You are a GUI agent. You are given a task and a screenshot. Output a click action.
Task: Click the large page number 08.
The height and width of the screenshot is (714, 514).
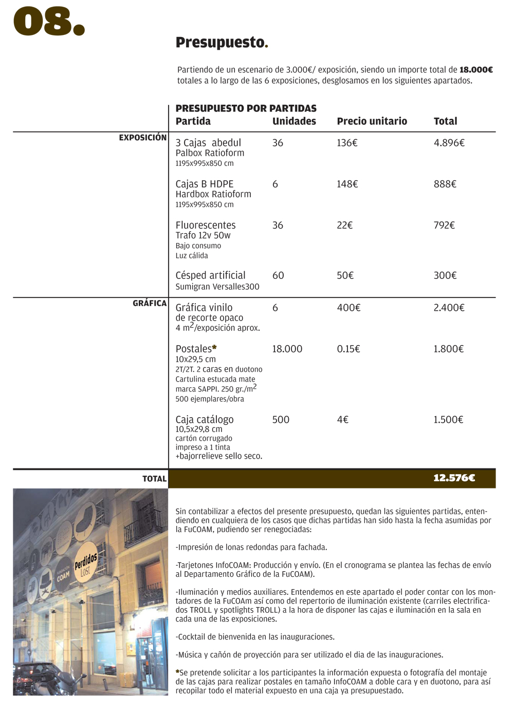49,22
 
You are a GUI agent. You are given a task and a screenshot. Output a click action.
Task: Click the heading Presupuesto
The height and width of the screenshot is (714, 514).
222,43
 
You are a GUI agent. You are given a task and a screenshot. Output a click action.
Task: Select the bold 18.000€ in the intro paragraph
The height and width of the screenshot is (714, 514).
476,70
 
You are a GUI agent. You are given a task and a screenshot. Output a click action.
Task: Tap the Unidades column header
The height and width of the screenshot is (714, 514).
294,121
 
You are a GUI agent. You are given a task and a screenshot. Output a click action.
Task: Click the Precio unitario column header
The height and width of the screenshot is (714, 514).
372,121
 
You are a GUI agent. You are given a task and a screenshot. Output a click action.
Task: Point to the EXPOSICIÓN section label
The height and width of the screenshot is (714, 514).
142,138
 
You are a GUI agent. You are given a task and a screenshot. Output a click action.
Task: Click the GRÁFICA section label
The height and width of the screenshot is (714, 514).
150,303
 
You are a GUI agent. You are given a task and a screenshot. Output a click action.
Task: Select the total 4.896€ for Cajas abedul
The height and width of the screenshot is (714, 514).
449,143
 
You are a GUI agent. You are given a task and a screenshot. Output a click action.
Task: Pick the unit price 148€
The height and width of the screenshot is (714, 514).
347,184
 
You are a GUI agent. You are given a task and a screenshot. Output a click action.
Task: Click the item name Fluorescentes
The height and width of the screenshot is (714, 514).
206,225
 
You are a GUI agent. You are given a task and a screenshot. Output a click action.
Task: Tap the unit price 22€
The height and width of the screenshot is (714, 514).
344,225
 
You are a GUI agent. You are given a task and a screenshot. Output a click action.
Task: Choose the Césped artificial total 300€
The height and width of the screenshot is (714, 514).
445,275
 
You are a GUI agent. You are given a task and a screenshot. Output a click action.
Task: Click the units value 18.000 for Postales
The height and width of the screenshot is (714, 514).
287,349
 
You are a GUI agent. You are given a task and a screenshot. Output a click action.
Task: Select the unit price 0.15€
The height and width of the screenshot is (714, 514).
348,349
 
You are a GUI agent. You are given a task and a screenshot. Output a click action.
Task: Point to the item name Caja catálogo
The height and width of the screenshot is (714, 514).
205,420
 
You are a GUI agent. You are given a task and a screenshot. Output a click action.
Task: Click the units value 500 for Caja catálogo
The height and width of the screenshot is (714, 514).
281,420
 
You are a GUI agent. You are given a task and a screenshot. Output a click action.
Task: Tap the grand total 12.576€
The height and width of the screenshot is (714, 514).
454,478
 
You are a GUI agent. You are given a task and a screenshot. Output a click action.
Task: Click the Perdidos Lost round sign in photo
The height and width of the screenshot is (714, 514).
86,562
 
